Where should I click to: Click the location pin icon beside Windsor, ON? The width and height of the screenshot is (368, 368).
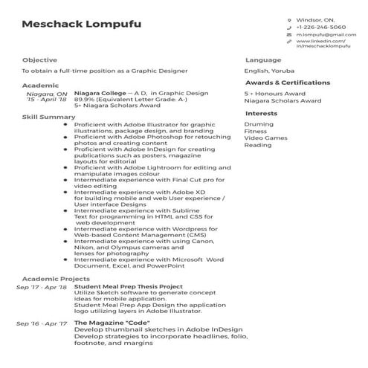pos(289,19)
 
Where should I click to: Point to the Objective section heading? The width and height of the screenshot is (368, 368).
pos(39,59)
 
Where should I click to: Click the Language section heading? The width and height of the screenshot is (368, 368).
pos(263,59)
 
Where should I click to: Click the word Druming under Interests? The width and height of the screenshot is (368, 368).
pos(259,124)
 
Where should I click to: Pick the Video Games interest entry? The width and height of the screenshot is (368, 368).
pos(265,138)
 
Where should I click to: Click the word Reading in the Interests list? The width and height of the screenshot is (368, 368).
pos(258,145)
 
